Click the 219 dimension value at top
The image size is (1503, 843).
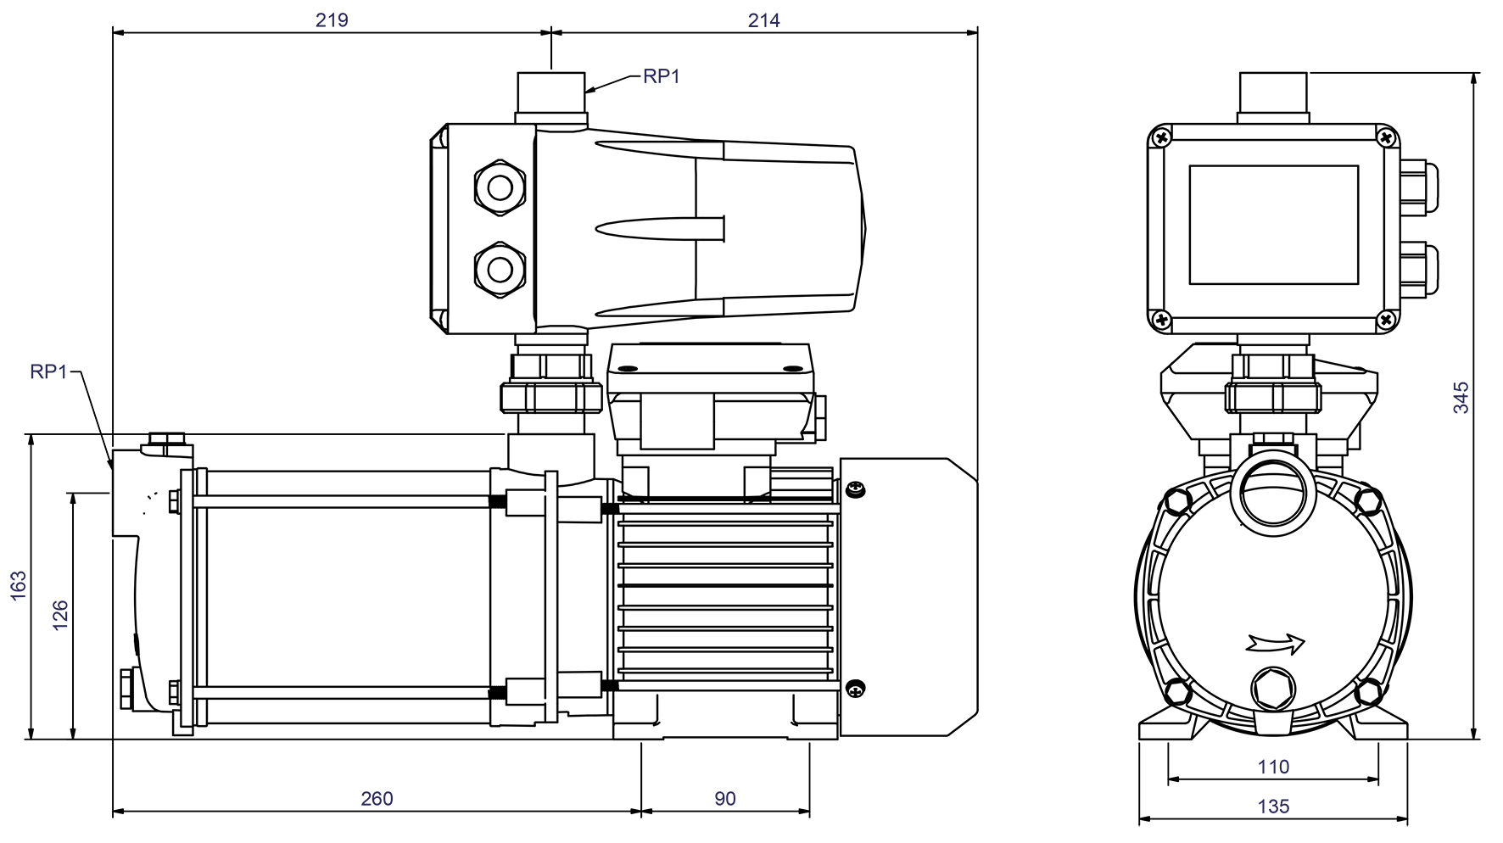pyautogui.click(x=332, y=20)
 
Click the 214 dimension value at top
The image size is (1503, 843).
pyautogui.click(x=763, y=20)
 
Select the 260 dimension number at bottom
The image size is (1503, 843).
pyautogui.click(x=377, y=798)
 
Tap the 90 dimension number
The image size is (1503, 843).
pyautogui.click(x=724, y=798)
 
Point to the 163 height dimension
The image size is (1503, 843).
pyautogui.click(x=19, y=586)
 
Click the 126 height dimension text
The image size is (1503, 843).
pyautogui.click(x=60, y=616)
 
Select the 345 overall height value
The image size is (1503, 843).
pyautogui.click(x=1461, y=398)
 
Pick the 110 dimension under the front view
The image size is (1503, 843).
pyautogui.click(x=1272, y=767)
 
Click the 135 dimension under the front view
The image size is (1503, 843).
pyautogui.click(x=1272, y=807)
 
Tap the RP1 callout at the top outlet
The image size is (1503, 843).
pyautogui.click(x=662, y=76)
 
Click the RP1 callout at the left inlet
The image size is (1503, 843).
pyautogui.click(x=48, y=371)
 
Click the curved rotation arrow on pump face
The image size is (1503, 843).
pyautogui.click(x=1276, y=644)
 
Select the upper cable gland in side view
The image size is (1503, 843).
pyautogui.click(x=500, y=186)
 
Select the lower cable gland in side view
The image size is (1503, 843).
pyautogui.click(x=500, y=268)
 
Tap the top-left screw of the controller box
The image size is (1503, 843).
pyautogui.click(x=1162, y=137)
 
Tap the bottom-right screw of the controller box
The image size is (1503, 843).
pyautogui.click(x=1386, y=320)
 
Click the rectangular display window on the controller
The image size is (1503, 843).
pyautogui.click(x=1273, y=225)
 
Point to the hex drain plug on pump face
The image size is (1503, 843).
pyautogui.click(x=1274, y=688)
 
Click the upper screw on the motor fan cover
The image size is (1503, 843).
pyautogui.click(x=857, y=489)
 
